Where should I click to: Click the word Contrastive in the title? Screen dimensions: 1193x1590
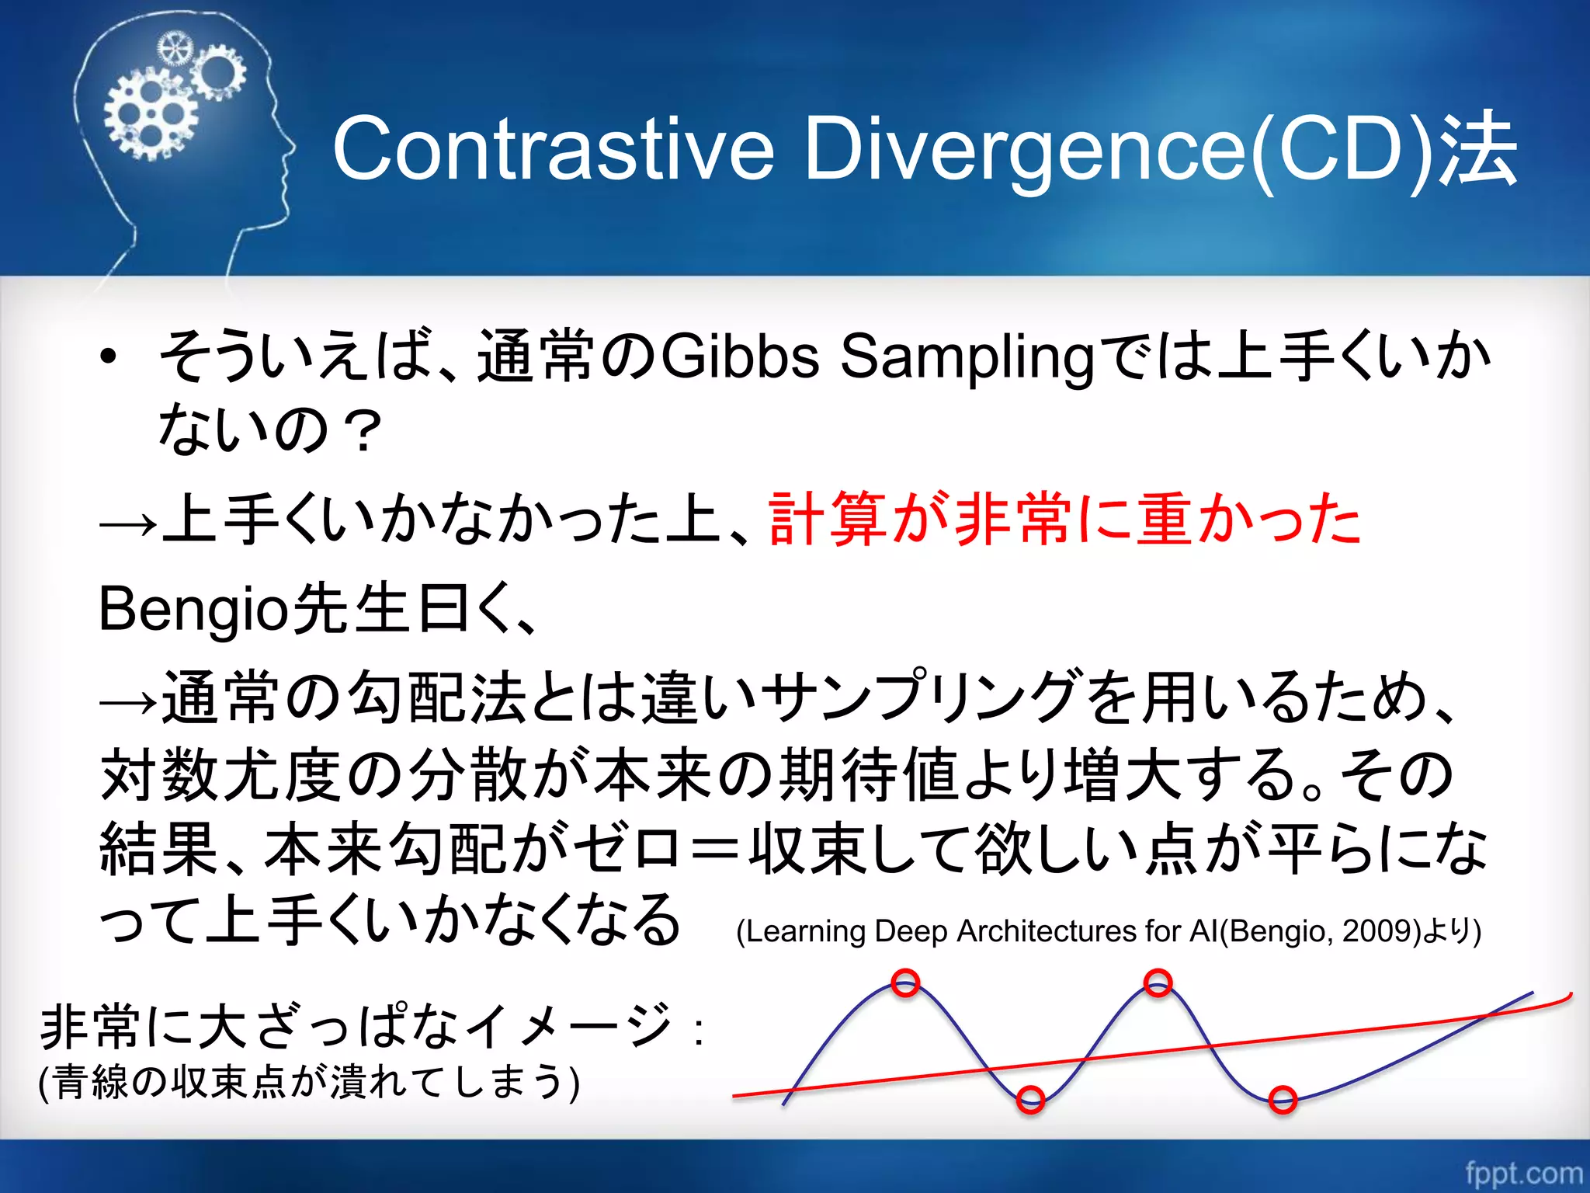point(553,148)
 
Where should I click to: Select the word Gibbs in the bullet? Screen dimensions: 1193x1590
point(741,357)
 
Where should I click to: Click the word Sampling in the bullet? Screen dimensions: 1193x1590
point(967,357)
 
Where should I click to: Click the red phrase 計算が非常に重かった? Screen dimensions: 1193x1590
point(1064,520)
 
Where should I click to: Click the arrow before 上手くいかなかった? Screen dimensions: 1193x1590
point(128,526)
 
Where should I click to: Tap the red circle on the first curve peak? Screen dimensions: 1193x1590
point(905,983)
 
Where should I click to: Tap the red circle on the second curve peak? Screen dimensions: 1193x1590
point(1158,983)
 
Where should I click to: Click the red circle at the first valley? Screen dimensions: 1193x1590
point(1030,1099)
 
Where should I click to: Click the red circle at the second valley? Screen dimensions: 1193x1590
point(1283,1099)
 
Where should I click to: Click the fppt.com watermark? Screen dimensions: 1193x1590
point(1522,1172)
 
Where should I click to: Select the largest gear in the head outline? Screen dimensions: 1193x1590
point(151,116)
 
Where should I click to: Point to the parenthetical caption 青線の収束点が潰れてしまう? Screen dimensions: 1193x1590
point(309,1082)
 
